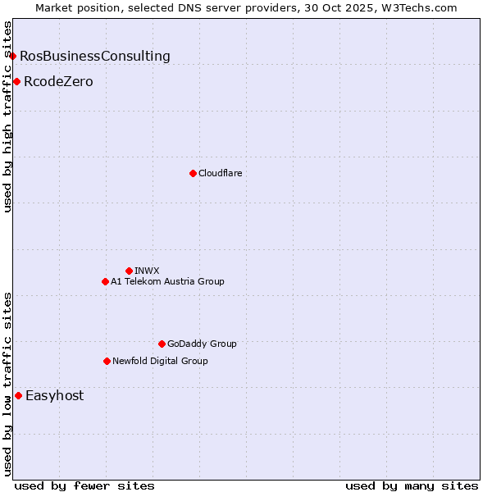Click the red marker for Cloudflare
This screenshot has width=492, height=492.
(193, 173)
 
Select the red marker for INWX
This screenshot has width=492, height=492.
(129, 271)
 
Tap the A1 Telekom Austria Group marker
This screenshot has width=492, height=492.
(105, 281)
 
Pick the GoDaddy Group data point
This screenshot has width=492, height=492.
(162, 344)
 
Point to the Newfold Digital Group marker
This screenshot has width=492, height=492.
(107, 361)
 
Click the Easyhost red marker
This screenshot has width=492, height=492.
(18, 395)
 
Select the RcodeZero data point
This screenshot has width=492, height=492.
(16, 81)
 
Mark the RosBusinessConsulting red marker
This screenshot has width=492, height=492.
(13, 56)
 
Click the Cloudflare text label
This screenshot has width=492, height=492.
(220, 173)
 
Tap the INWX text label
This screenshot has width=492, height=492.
(147, 271)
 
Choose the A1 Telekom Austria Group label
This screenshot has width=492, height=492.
(167, 281)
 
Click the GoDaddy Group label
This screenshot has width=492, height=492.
(202, 344)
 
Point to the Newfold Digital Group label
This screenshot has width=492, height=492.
(160, 361)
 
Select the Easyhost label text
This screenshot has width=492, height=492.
(54, 395)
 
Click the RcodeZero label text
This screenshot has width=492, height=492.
(58, 81)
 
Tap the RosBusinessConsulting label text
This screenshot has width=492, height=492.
(95, 56)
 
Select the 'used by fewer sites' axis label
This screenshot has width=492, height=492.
(84, 485)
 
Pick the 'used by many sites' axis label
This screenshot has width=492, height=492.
(412, 485)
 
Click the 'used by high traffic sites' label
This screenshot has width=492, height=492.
(7, 116)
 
